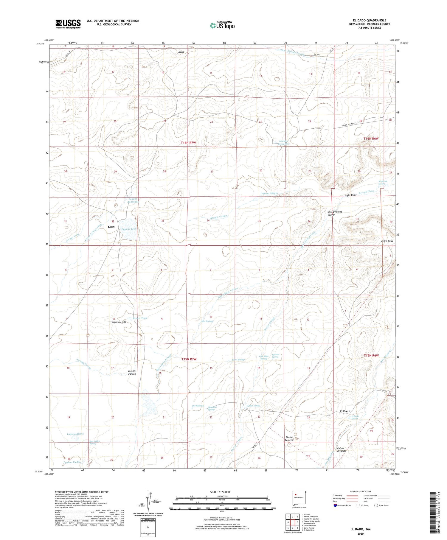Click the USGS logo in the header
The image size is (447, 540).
coord(68,24)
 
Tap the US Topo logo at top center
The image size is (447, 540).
coord(222,26)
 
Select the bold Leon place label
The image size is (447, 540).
coord(111,227)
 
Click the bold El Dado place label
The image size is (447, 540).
coord(345,411)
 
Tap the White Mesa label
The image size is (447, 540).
coord(387,241)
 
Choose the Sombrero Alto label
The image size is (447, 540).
coord(119,322)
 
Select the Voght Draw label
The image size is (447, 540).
coord(350,195)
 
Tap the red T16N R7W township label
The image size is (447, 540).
coord(188,143)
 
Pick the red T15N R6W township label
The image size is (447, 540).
coord(371,356)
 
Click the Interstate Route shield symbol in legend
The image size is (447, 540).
coord(335,505)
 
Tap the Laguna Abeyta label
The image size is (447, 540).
coord(269,193)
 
